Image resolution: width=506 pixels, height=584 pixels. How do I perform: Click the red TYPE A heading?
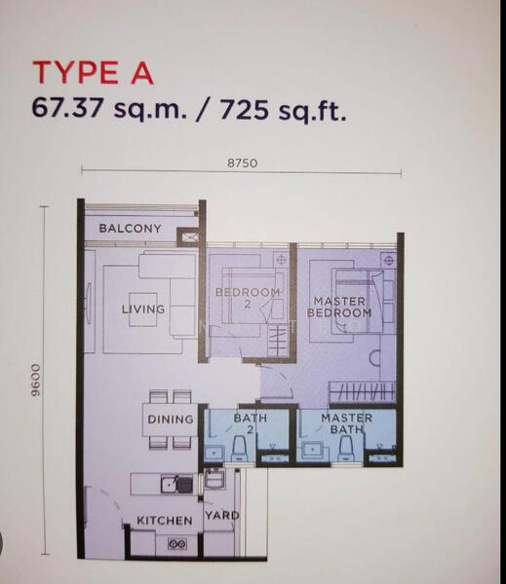tap(94, 73)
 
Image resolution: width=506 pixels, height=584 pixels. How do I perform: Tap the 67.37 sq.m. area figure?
tap(109, 108)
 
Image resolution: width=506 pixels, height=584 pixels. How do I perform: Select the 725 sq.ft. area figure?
tap(283, 109)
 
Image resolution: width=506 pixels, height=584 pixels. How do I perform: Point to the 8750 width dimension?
tap(242, 164)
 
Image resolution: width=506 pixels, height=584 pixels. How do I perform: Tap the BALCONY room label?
tap(131, 229)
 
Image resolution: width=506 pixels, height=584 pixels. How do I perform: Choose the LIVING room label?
tap(143, 310)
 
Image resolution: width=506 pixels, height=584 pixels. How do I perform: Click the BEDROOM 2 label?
tap(248, 298)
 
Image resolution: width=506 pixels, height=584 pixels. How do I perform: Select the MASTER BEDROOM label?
tap(339, 307)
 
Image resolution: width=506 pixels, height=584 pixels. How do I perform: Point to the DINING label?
tap(171, 420)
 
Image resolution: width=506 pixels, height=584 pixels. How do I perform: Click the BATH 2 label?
tap(251, 423)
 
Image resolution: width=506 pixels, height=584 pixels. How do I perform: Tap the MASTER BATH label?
tap(347, 423)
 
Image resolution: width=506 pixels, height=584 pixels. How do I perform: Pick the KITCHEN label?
tap(165, 521)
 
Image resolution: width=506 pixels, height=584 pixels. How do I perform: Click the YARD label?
tap(222, 516)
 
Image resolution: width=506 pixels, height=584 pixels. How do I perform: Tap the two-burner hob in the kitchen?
tap(177, 544)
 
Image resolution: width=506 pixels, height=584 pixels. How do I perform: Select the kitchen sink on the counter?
tap(169, 484)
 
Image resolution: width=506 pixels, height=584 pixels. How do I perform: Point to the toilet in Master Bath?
tap(346, 449)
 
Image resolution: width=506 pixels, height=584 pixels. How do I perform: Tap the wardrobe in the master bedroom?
tap(362, 392)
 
